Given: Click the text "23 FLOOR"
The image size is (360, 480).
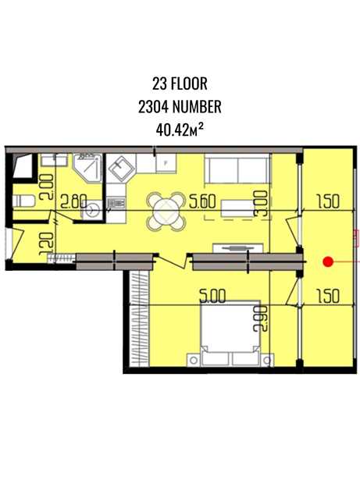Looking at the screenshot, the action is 180,84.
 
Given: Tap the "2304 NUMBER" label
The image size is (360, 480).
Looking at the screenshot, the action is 180,107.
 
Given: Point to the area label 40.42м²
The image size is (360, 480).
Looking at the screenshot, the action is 180,130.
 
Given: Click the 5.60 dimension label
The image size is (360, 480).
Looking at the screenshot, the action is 202,201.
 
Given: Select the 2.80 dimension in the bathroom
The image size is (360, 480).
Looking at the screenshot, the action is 74,201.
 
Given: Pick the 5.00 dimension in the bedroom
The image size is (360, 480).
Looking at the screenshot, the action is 212,296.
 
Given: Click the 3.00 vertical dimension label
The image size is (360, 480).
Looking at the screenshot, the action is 261,204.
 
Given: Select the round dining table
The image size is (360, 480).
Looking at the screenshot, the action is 166,212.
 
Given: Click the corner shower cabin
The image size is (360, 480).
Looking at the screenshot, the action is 87,169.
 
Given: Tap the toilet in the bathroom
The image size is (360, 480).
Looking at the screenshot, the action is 23,201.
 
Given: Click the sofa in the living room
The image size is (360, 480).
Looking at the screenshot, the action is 237,170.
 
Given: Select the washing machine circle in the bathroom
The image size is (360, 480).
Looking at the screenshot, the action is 91,210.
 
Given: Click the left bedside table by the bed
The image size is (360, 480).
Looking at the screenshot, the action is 194,361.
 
